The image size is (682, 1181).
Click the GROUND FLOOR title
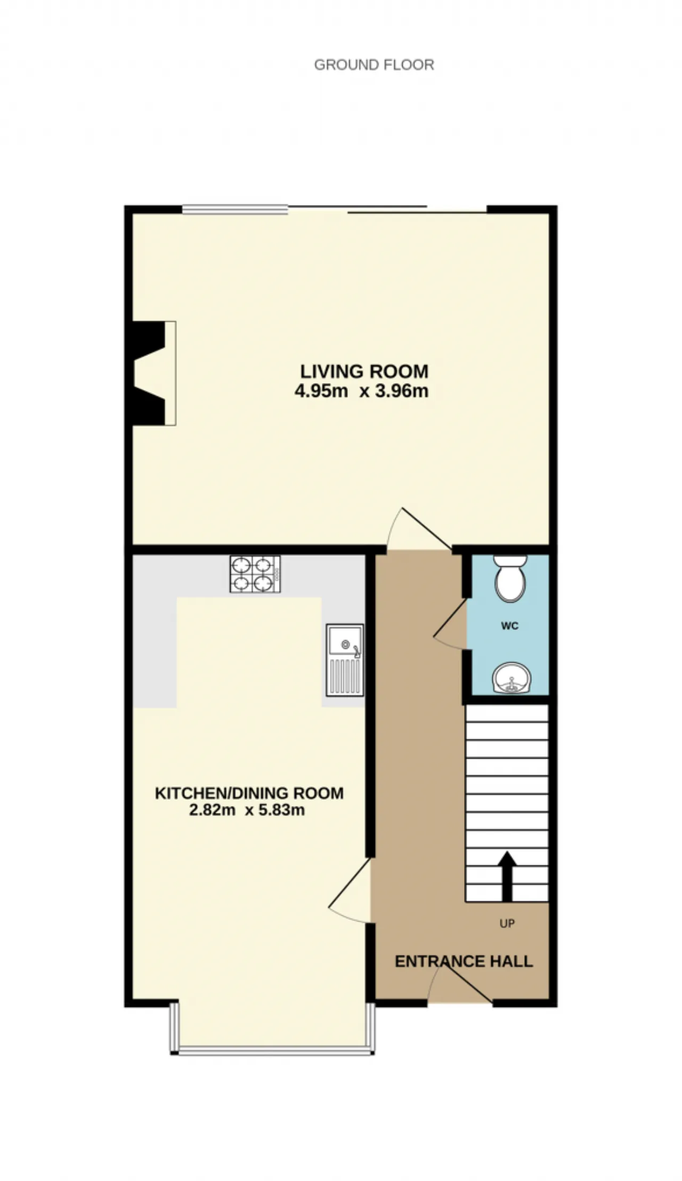coord(374,64)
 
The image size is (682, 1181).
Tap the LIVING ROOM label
coord(364,371)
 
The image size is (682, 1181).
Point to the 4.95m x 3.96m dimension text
coord(362,391)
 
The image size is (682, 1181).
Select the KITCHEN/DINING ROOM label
coord(249,793)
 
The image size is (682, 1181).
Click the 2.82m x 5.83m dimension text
coord(247,811)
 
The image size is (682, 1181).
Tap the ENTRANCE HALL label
coord(464,962)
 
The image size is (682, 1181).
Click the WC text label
coord(510,626)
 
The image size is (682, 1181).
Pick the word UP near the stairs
coord(507,924)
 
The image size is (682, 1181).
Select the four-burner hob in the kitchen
coord(255,574)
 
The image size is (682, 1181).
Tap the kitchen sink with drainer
coord(345,660)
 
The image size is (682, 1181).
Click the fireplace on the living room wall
coord(154,373)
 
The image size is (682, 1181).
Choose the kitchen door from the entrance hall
coord(350,889)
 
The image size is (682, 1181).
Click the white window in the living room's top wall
coord(236,210)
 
